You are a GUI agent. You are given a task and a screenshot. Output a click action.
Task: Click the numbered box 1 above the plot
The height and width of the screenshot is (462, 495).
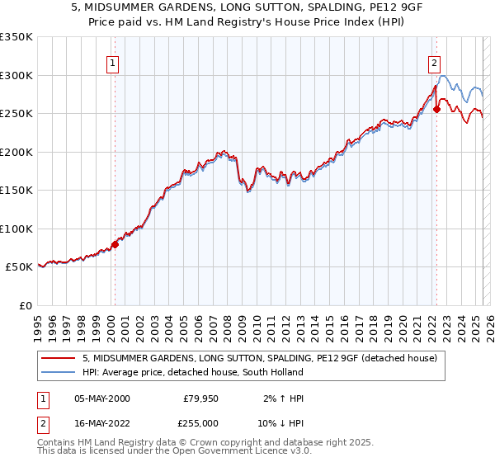pyautogui.click(x=111, y=61)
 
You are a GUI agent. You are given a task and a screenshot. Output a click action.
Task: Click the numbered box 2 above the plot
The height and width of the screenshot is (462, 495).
pyautogui.click(x=434, y=61)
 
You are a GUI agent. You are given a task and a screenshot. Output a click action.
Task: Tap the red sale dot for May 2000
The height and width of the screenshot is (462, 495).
pyautogui.click(x=115, y=243)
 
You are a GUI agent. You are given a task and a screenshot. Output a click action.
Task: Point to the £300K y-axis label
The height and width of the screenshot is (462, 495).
pyautogui.click(x=16, y=75)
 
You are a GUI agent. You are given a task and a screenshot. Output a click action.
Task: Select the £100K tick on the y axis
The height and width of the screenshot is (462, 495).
pyautogui.click(x=16, y=229)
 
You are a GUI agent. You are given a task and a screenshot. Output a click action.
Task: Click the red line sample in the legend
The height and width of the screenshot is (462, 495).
pyautogui.click(x=59, y=359)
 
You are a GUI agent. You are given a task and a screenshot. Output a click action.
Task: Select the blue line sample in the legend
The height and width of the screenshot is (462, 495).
pyautogui.click(x=59, y=372)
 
